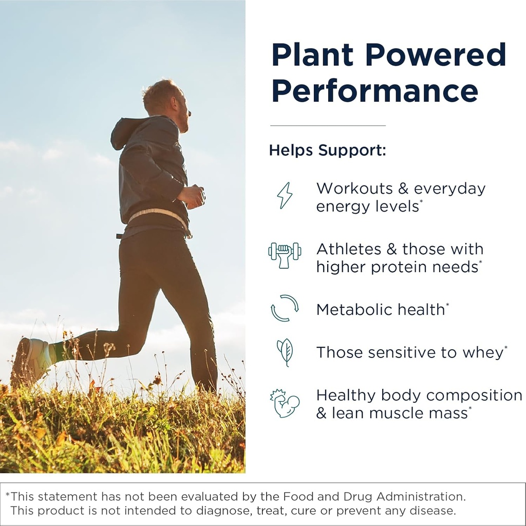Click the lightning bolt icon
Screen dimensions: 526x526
pyautogui.click(x=285, y=195)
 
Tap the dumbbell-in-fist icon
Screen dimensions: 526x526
pyautogui.click(x=285, y=254)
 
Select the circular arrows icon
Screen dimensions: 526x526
pyautogui.click(x=285, y=308)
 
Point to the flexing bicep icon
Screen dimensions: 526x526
pyautogui.click(x=285, y=403)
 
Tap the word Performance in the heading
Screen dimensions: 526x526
pyautogui.click(x=374, y=90)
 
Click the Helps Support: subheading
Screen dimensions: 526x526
pyautogui.click(x=327, y=151)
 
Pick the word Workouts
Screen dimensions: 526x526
pyautogui.click(x=354, y=189)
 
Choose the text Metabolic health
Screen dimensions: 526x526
pyautogui.click(x=380, y=309)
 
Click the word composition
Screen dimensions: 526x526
pyautogui.click(x=474, y=396)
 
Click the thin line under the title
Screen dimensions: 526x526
pyautogui.click(x=328, y=125)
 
